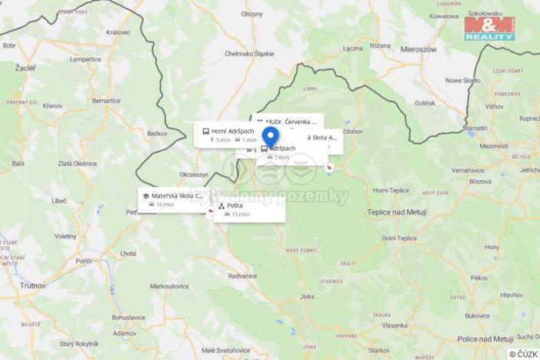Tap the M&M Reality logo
(x=489, y=28)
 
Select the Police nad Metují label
(x=485, y=338)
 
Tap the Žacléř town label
(x=25, y=68)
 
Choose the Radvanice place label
(x=242, y=275)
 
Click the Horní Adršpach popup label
(x=232, y=131)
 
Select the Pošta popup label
(x=235, y=205)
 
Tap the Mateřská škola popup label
(x=176, y=195)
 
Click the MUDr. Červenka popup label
(x=291, y=122)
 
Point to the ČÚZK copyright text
(x=523, y=353)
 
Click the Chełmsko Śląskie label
(x=248, y=54)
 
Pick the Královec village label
(x=118, y=32)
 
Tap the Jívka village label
(x=308, y=295)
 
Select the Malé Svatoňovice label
(x=225, y=350)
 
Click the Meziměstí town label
(x=493, y=146)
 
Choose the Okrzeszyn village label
(x=194, y=175)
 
